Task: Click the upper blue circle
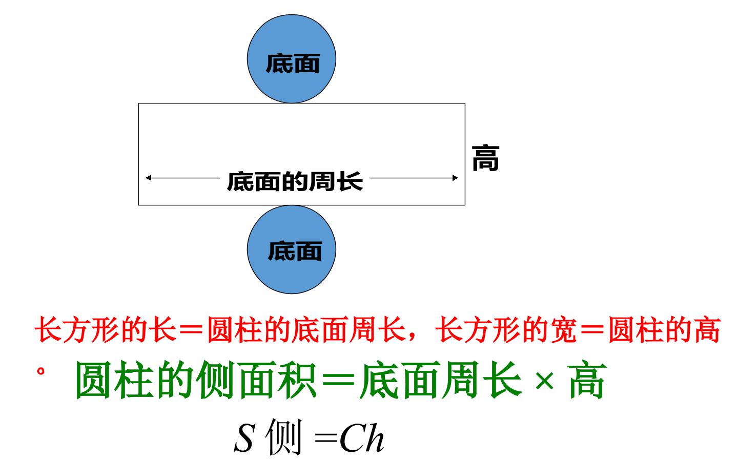pos(292,59)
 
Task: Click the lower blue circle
pos(292,249)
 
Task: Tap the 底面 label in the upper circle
pos(293,64)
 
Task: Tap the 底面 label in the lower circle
pos(295,251)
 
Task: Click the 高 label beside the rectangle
pos(486,158)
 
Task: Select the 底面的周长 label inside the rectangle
pos(295,181)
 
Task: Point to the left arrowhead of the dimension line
pos(148,178)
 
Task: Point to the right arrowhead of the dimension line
pos(455,178)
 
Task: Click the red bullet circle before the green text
pos(40,371)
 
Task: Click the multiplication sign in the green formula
pos(544,381)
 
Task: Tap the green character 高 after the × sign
pos(587,380)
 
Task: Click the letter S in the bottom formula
pos(244,437)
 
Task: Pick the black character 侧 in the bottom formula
pos(284,436)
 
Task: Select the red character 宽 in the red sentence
pos(564,329)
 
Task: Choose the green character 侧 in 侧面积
pos(215,380)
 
